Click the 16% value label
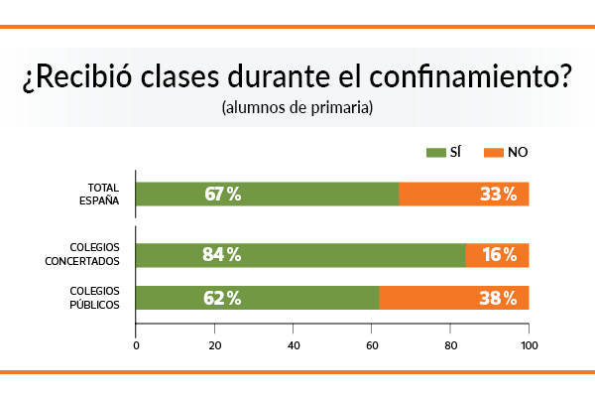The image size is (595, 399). tap(498, 255)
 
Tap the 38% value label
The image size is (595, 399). tap(498, 298)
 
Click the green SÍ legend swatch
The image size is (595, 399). tap(435, 152)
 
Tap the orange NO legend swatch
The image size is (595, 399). tap(493, 152)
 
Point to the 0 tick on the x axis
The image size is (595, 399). tap(136, 345)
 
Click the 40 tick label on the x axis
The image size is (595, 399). tap(294, 345)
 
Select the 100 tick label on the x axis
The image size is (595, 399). tap(529, 345)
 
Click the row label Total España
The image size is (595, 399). tap(103, 194)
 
